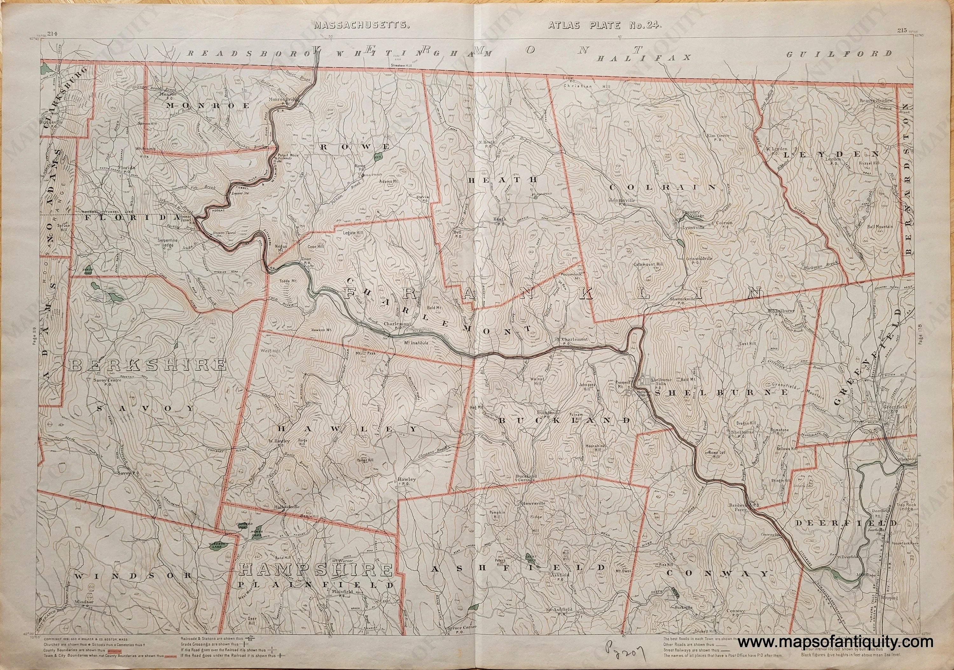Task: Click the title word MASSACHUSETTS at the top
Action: tap(362, 25)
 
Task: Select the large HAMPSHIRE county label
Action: tap(316, 570)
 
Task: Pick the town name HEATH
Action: tap(503, 180)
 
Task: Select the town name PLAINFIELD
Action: tap(315, 585)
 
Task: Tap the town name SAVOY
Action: tap(146, 408)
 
